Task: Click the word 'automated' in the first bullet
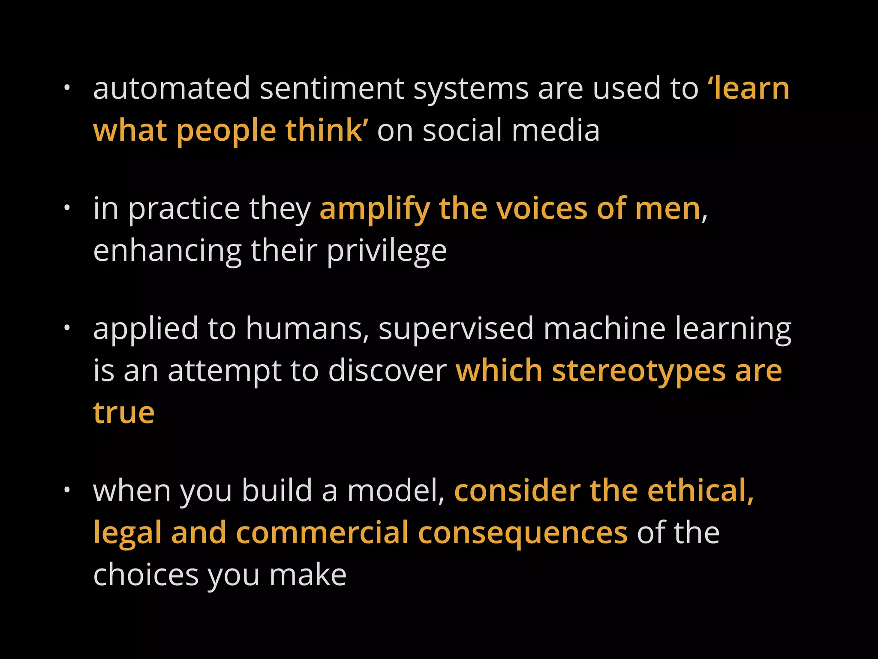pyautogui.click(x=171, y=89)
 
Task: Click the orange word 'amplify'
pyautogui.click(x=374, y=209)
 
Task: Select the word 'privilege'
pyautogui.click(x=387, y=251)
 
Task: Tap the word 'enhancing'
pyautogui.click(x=167, y=251)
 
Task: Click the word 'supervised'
pyautogui.click(x=456, y=329)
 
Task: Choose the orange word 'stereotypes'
pyautogui.click(x=638, y=371)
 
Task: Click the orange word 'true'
pyautogui.click(x=123, y=413)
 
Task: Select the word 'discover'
pyautogui.click(x=388, y=371)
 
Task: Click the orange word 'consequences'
pyautogui.click(x=523, y=533)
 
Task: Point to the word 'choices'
pyautogui.click(x=146, y=575)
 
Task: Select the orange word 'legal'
pyautogui.click(x=127, y=533)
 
